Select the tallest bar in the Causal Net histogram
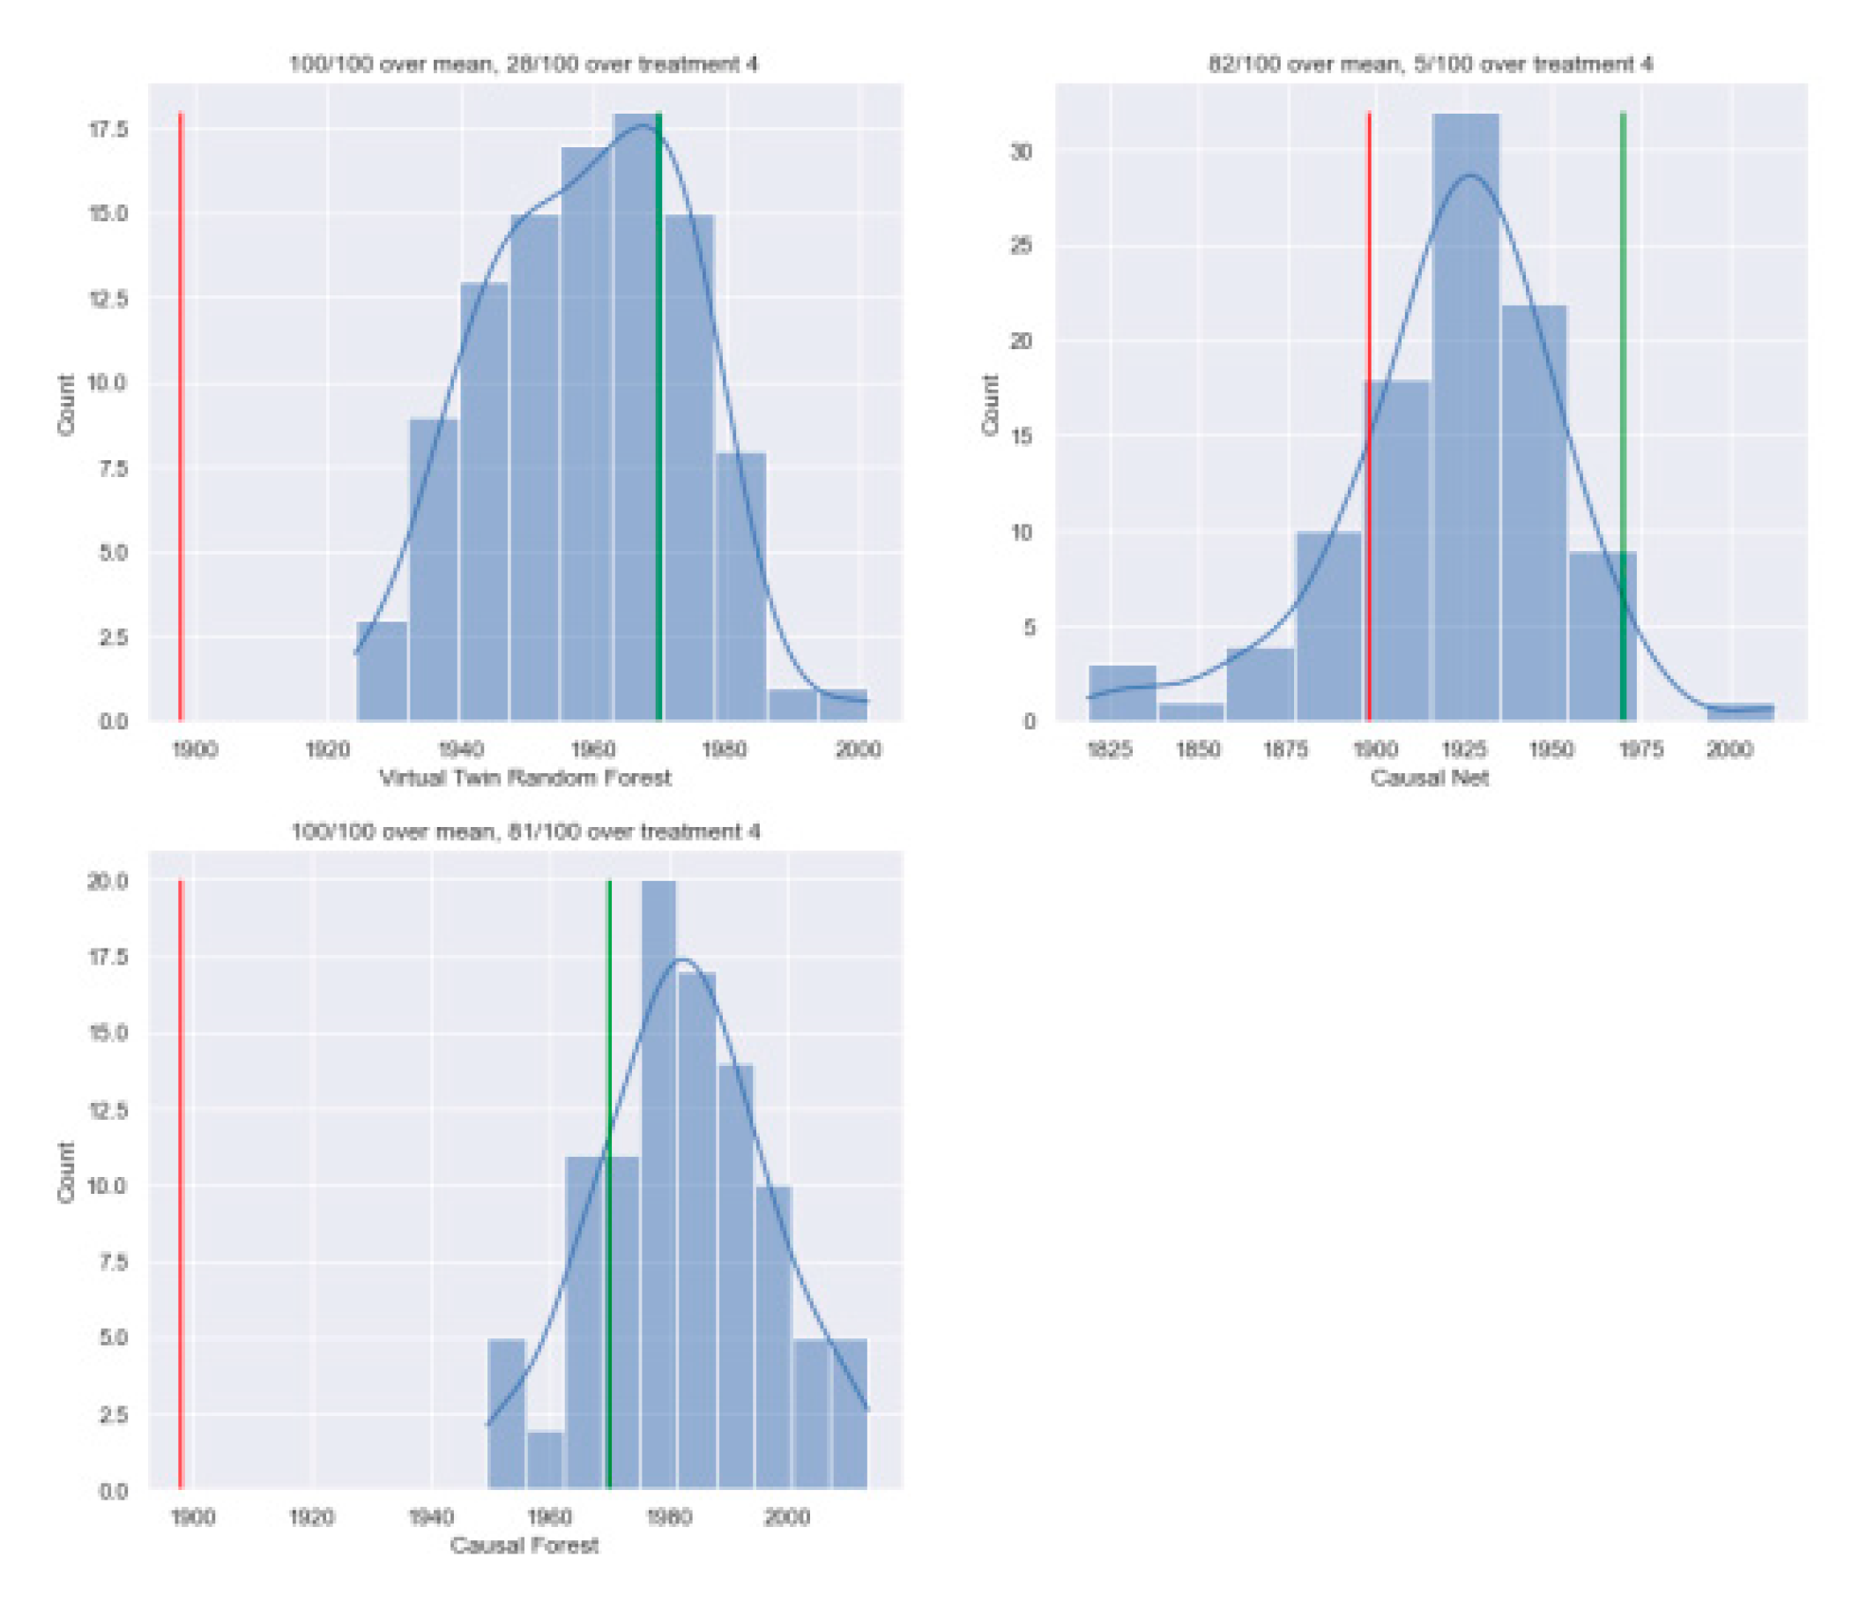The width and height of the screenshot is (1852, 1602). click(1466, 421)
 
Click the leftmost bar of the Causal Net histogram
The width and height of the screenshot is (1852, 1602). click(1123, 693)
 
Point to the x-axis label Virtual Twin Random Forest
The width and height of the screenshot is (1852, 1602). click(525, 778)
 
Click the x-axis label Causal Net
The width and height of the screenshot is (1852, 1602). click(1430, 778)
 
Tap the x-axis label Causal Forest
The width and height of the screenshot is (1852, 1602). click(524, 1545)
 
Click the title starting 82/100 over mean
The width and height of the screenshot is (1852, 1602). click(1430, 64)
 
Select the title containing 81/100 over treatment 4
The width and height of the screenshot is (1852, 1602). click(525, 831)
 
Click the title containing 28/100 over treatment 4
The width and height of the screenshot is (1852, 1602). click(524, 64)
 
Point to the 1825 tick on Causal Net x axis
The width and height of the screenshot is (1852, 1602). click(1109, 749)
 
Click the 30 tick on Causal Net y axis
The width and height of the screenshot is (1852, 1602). click(1021, 151)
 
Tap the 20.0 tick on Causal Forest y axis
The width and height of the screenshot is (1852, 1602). click(108, 881)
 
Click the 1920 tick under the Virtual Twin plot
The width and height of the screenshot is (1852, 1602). click(328, 749)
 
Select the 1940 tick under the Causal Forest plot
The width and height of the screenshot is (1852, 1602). click(431, 1517)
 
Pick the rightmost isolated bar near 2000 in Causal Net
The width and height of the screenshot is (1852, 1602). click(1739, 712)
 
